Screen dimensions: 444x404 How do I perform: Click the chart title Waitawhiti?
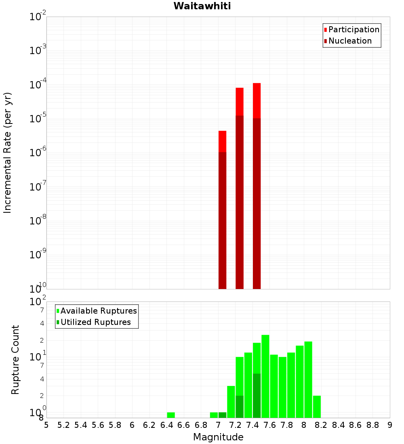pyautogui.click(x=202, y=6)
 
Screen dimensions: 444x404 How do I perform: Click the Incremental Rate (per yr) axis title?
pyautogui.click(x=8, y=153)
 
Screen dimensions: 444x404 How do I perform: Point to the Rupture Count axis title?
pyautogui.click(x=15, y=360)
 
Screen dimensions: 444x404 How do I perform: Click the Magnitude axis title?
pyautogui.click(x=218, y=437)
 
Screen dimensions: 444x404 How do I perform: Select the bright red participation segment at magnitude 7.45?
pyautogui.click(x=257, y=101)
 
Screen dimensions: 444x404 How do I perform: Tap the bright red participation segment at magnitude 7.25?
pyautogui.click(x=240, y=101)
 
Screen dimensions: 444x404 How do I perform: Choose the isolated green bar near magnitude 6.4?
pyautogui.click(x=171, y=415)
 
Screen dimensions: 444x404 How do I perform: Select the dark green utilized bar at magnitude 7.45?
pyautogui.click(x=257, y=396)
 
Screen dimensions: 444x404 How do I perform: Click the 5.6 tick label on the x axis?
pyautogui.click(x=98, y=425)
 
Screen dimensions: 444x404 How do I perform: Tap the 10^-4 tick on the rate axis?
pyautogui.click(x=38, y=85)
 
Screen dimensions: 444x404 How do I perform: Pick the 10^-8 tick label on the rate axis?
pyautogui.click(x=38, y=221)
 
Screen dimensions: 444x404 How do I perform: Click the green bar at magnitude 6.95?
pyautogui.click(x=214, y=415)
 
